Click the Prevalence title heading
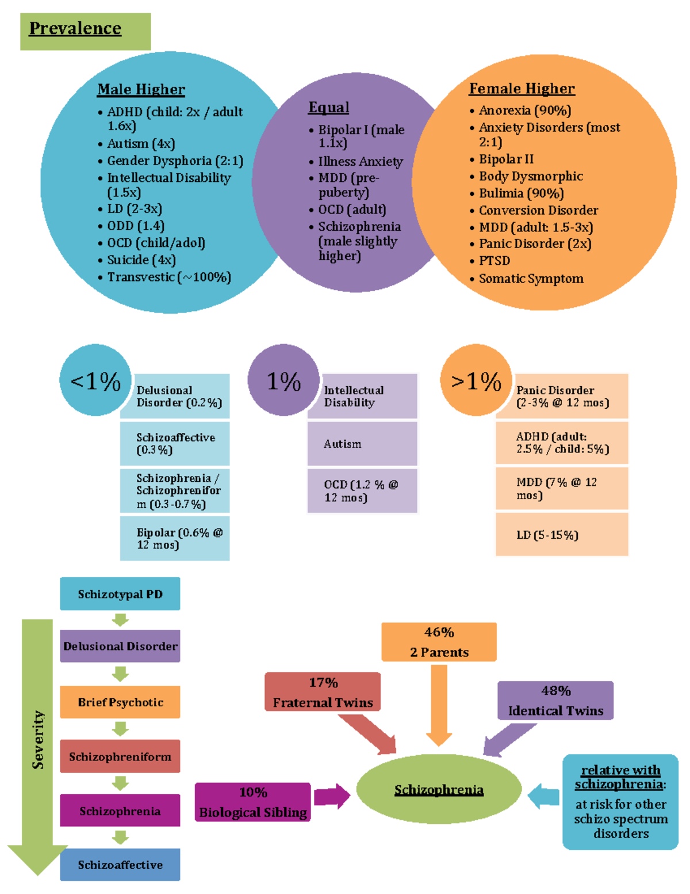tap(75, 29)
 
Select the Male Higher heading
tap(141, 89)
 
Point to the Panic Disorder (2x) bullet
tap(535, 244)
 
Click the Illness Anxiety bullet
tap(361, 162)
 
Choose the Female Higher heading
tap(522, 89)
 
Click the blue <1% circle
tap(95, 381)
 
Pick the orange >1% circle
tap(476, 381)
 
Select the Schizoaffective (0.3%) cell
tap(175, 444)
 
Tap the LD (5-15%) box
tap(561, 535)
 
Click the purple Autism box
tap(362, 444)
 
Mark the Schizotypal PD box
tap(120, 594)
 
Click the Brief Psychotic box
tap(120, 702)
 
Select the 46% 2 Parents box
tap(439, 642)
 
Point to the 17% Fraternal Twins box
tap(323, 692)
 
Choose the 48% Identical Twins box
tap(555, 701)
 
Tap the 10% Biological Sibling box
tap(252, 802)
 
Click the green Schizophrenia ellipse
tap(439, 790)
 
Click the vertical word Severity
tap(38, 739)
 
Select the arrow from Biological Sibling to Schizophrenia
tap(332, 797)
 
